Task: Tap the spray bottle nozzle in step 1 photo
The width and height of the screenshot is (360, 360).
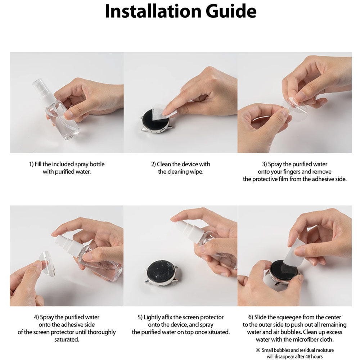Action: [x=41, y=87]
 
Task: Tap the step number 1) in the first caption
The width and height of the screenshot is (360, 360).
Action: [x=31, y=164]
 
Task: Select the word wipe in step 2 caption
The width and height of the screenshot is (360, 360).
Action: [x=196, y=172]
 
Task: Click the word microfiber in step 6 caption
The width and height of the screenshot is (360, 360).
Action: [x=301, y=339]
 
